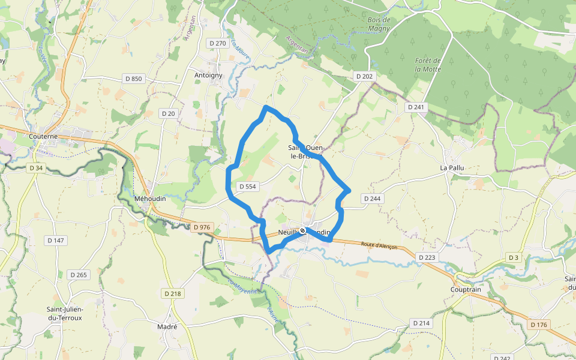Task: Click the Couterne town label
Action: tap(43, 136)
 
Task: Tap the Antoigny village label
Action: tap(208, 75)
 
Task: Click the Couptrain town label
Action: tap(467, 289)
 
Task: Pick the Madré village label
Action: tap(167, 327)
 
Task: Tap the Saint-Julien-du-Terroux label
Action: tap(64, 313)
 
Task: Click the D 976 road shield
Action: tap(202, 227)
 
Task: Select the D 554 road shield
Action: tap(247, 187)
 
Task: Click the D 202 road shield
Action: tap(364, 76)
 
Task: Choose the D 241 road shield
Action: tap(415, 107)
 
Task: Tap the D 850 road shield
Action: tap(134, 79)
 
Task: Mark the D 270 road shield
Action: tap(217, 43)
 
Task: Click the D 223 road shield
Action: tap(427, 257)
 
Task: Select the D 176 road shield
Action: tap(539, 325)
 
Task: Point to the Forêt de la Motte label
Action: tap(428, 65)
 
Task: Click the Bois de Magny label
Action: tap(379, 24)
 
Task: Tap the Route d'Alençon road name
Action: tap(379, 246)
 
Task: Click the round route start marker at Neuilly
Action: tap(303, 230)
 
